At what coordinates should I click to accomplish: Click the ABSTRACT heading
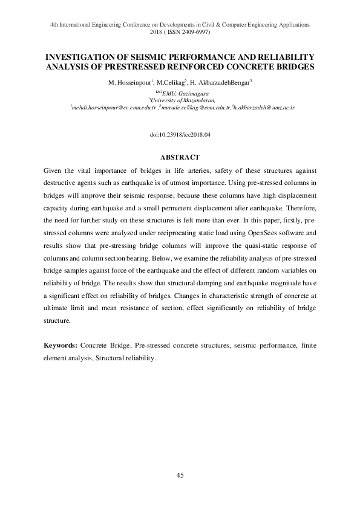click(x=180, y=157)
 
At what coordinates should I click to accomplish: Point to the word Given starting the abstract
click(x=54, y=173)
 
